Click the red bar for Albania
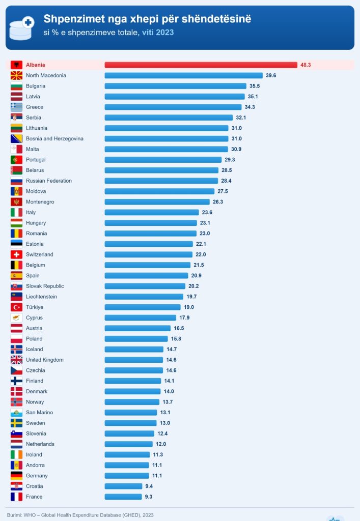pos(201,65)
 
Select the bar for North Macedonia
pos(183,75)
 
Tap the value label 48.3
pos(306,65)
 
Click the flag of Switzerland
pos(16,254)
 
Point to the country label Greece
pos(35,107)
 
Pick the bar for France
pos(123,497)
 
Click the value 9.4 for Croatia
pos(149,486)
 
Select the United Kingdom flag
pos(16,360)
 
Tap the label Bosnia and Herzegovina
pos(54,138)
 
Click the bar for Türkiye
pos(143,307)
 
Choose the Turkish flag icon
pos(16,307)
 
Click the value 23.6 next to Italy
pos(207,212)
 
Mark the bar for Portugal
pos(163,160)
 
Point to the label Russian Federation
pos(49,181)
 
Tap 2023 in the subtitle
pos(164,32)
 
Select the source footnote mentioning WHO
pos(80,515)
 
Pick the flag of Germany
pos(16,476)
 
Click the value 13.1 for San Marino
pos(165,412)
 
